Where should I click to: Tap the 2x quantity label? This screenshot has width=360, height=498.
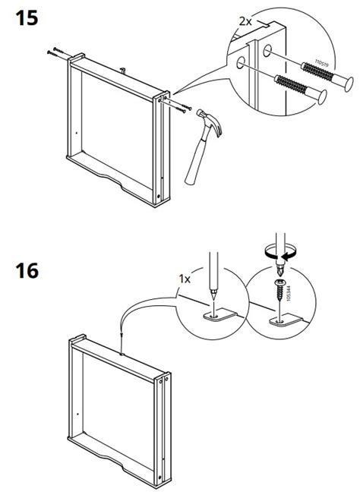click(245, 21)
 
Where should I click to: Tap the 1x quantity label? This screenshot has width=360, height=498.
click(185, 279)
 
